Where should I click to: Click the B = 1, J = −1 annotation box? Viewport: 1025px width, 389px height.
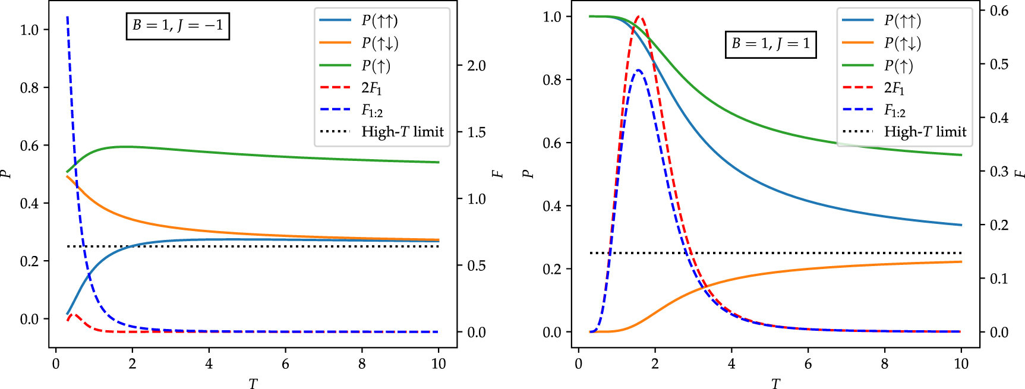(178, 26)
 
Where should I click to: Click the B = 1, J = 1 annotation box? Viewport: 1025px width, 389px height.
(771, 44)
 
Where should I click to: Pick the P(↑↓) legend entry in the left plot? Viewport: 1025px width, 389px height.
(380, 43)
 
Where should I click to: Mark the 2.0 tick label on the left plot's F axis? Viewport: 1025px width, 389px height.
(476, 66)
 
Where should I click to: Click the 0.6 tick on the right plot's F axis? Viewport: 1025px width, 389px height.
(999, 11)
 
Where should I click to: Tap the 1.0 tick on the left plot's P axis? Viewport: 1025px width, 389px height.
(30, 30)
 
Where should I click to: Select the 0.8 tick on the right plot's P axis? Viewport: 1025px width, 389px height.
(552, 80)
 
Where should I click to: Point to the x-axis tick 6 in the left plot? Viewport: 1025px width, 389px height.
(285, 364)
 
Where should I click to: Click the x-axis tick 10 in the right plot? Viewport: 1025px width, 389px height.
(961, 364)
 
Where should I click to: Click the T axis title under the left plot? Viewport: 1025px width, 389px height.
(253, 384)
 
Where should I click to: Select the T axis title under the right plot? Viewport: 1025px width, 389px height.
(775, 384)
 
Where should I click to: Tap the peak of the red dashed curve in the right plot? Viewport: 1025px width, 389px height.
(639, 17)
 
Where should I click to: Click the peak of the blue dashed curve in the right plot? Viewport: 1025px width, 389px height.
(638, 70)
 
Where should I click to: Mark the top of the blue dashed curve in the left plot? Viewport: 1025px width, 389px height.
(67, 18)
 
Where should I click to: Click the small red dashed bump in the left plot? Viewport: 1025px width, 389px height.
(74, 315)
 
